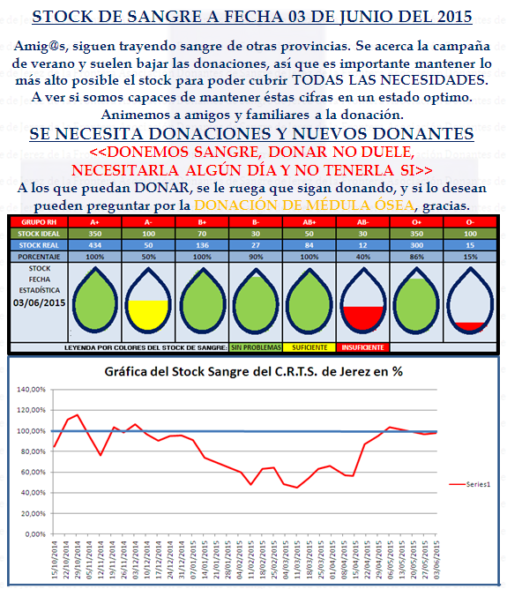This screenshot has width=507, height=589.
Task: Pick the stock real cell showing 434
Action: (x=94, y=243)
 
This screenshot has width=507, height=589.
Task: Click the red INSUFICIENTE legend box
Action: (x=362, y=348)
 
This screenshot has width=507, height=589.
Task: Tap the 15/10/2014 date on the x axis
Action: (x=55, y=559)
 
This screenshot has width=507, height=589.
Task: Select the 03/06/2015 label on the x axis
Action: (x=438, y=559)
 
